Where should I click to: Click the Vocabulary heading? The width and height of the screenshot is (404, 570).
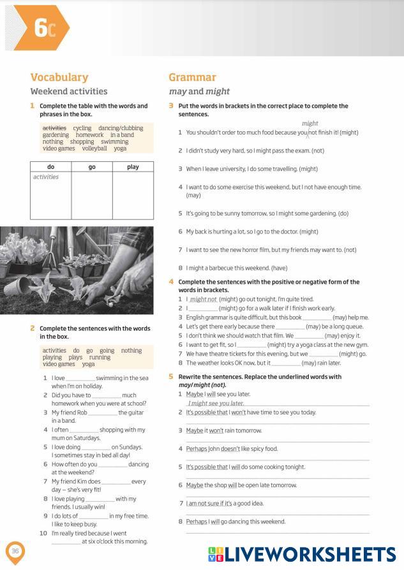[x=59, y=77]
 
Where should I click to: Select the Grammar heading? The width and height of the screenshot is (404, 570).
[x=192, y=77]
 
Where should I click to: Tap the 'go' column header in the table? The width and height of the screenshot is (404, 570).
[x=92, y=167]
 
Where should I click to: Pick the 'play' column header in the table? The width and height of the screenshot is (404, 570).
[x=133, y=167]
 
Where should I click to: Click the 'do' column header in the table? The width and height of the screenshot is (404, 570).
[x=51, y=167]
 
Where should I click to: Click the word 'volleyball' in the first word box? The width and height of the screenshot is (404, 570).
[x=94, y=149]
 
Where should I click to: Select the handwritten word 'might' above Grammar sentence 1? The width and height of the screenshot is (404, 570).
[x=310, y=123]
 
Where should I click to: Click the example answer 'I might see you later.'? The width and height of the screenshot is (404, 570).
[x=216, y=403]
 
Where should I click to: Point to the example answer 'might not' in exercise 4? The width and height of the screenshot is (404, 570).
[x=204, y=299]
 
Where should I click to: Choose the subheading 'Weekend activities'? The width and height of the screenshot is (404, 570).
[x=69, y=91]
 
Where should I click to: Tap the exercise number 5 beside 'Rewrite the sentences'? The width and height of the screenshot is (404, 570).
[x=171, y=377]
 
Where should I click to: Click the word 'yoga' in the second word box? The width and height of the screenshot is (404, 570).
[x=88, y=364]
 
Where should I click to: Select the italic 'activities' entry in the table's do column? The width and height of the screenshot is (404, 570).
[x=46, y=177]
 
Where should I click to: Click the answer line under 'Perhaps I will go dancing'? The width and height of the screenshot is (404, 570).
[x=277, y=531]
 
